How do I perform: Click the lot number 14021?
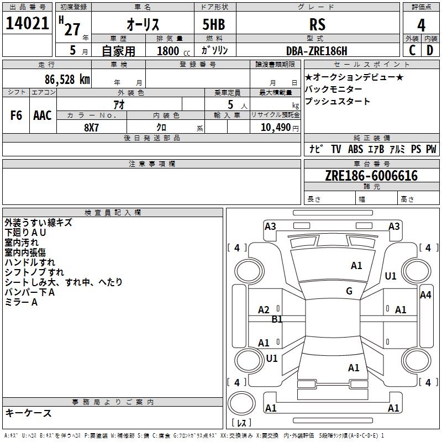[27, 24]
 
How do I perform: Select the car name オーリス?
[143, 25]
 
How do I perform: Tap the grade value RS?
[317, 24]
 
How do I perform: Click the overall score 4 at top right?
[422, 25]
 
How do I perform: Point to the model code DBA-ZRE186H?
[317, 51]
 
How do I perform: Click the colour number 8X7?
[91, 127]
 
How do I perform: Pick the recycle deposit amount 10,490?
[275, 127]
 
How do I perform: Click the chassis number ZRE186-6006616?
[371, 176]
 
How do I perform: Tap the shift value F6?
[17, 115]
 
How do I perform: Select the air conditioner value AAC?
[42, 115]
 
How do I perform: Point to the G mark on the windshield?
[349, 291]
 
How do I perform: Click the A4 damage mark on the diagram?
[425, 295]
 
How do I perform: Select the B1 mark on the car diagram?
[277, 319]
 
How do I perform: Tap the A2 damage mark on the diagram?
[264, 310]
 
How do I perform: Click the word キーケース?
[28, 413]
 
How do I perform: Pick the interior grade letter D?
[430, 50]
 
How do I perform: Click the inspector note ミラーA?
[21, 302]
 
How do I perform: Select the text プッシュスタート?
[338, 102]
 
